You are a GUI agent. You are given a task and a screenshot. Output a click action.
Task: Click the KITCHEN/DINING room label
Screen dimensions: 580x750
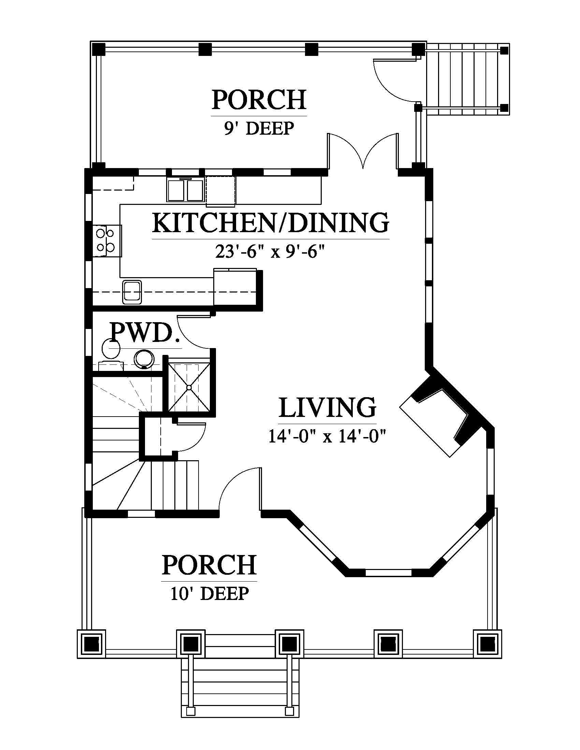[x=271, y=223]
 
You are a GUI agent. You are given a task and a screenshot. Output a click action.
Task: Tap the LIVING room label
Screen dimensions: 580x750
[x=328, y=408]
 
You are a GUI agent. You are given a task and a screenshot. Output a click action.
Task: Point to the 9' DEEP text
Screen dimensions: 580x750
[x=259, y=129]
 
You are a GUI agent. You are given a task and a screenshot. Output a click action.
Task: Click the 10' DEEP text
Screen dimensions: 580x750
[x=209, y=594]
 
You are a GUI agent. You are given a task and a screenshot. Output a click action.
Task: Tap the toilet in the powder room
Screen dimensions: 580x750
[x=111, y=354]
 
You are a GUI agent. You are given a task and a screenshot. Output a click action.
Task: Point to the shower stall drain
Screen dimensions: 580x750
[x=189, y=387]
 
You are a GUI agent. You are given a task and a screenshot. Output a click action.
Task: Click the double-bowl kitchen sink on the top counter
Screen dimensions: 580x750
[x=186, y=190]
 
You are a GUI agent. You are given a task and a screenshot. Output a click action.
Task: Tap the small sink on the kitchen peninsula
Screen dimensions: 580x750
[x=132, y=292]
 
